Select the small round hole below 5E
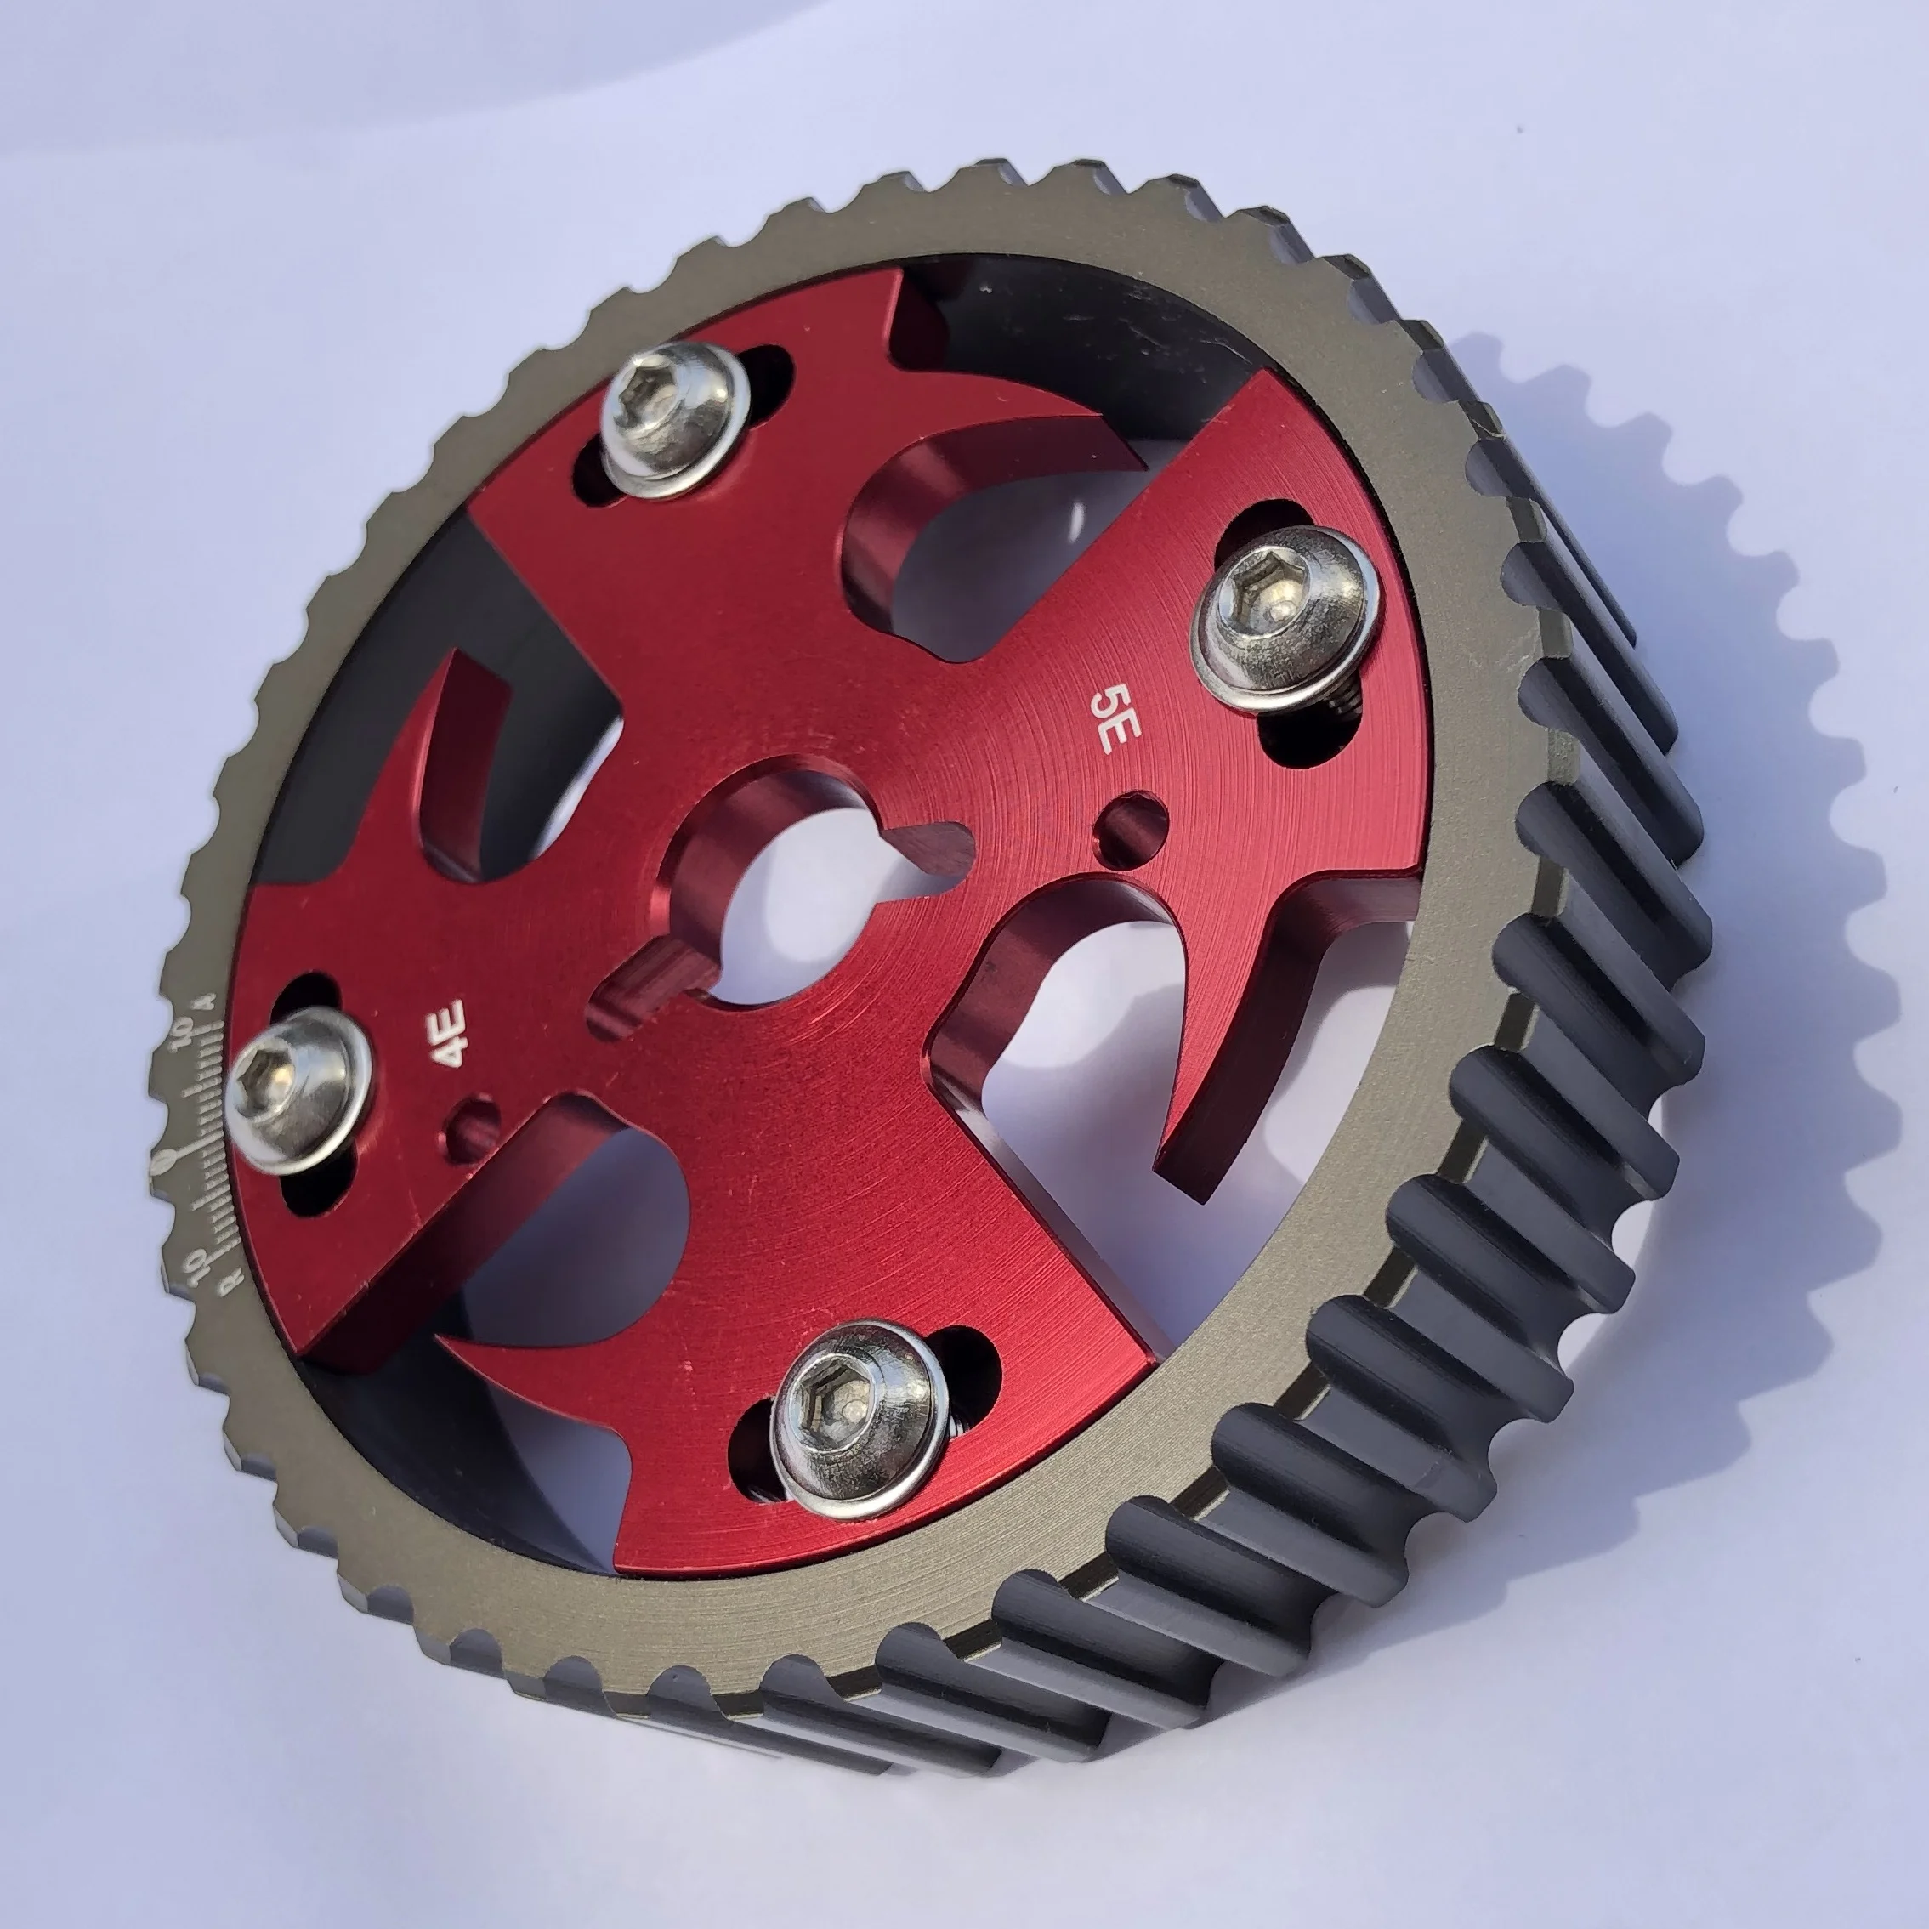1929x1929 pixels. coord(1132,825)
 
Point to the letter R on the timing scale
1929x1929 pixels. coord(231,1281)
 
